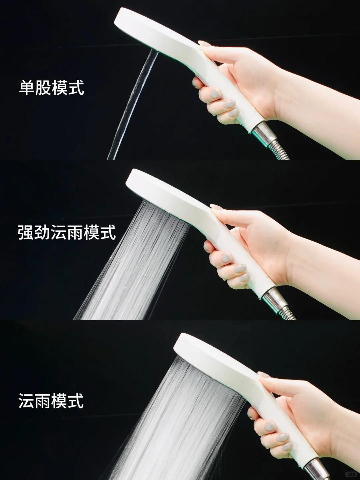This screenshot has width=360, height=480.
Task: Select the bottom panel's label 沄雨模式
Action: (51, 400)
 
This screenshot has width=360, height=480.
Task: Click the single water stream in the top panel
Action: (131, 105)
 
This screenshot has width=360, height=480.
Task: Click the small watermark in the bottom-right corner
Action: (351, 473)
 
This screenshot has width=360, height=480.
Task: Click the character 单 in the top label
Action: (27, 88)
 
